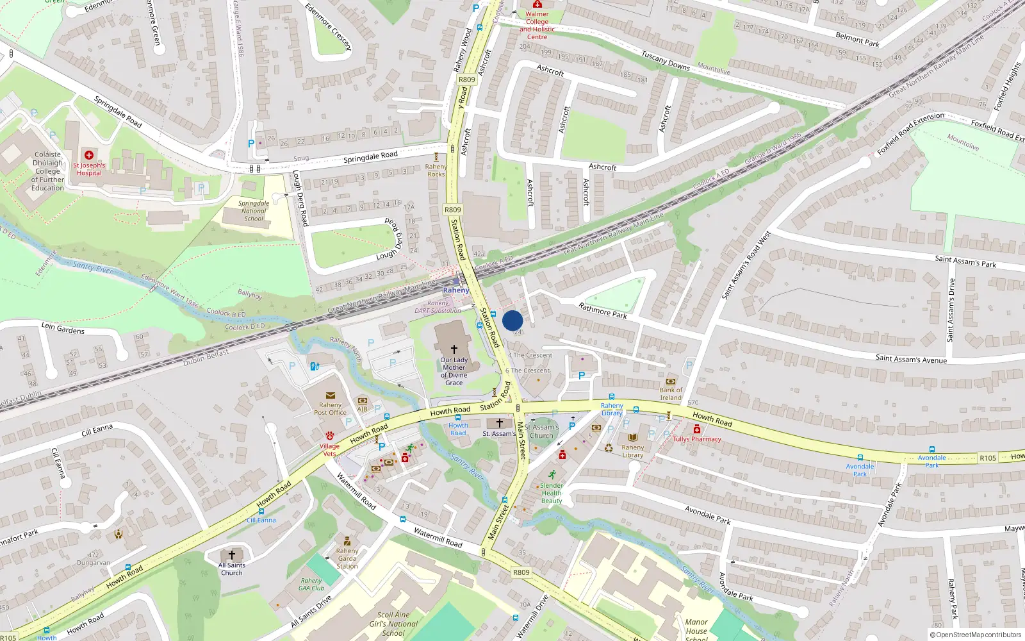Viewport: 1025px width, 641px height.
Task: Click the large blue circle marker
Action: pyautogui.click(x=512, y=320)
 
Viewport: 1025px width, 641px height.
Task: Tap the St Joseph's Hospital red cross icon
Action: pyautogui.click(x=89, y=155)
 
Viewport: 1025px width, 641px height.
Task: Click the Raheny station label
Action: pyautogui.click(x=456, y=290)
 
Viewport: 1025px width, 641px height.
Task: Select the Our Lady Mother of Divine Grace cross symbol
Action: pyautogui.click(x=454, y=349)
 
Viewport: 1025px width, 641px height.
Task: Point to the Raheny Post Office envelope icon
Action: pyautogui.click(x=331, y=395)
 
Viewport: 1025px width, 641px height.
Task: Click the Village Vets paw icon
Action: pyautogui.click(x=329, y=435)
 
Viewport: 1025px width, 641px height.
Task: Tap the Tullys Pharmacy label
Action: pyautogui.click(x=696, y=439)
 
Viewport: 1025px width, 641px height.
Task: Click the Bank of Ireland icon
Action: pyautogui.click(x=671, y=381)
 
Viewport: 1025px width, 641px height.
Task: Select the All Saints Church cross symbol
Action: pyautogui.click(x=232, y=554)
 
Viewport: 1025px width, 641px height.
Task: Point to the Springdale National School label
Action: pyautogui.click(x=254, y=211)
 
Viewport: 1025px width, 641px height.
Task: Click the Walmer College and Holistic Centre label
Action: pyautogui.click(x=537, y=25)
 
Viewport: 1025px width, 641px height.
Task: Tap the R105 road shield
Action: pyautogui.click(x=988, y=458)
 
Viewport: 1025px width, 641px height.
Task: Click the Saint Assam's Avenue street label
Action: pyautogui.click(x=911, y=359)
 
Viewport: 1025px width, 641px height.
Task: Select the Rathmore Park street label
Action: pyautogui.click(x=603, y=311)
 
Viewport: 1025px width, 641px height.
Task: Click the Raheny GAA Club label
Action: pyautogui.click(x=311, y=584)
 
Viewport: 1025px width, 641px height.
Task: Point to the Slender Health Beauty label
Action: pyautogui.click(x=552, y=493)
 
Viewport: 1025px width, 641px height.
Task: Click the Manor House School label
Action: pyautogui.click(x=696, y=630)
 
